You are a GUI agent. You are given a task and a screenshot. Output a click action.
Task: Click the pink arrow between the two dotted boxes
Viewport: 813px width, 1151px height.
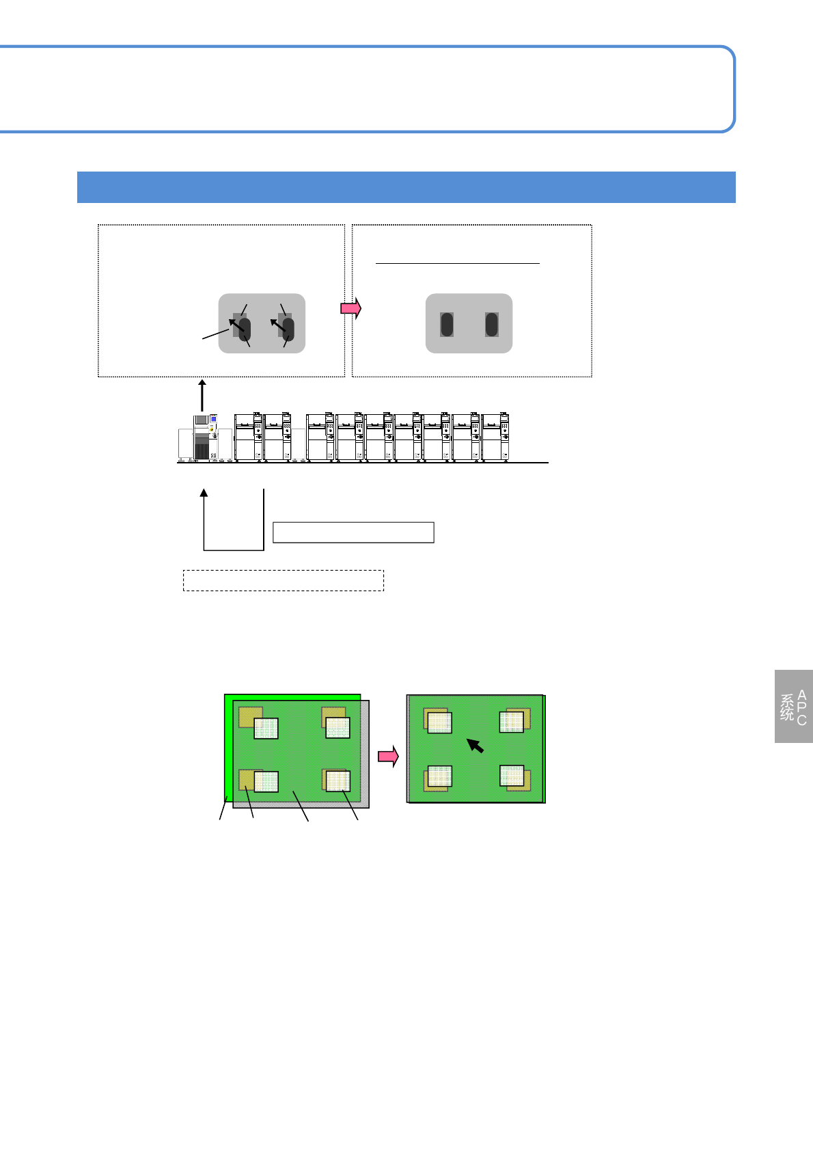(x=350, y=308)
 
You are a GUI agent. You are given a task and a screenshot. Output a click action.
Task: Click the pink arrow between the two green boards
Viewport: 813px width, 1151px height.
(x=388, y=757)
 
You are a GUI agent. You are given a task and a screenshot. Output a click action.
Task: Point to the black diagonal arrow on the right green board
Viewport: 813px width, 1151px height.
(x=476, y=745)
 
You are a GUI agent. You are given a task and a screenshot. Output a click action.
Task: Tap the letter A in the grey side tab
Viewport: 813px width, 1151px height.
(x=801, y=695)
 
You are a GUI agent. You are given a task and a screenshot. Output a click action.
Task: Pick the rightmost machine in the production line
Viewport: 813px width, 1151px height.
(x=496, y=437)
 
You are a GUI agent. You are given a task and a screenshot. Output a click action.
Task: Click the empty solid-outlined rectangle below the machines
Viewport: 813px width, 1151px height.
(x=353, y=532)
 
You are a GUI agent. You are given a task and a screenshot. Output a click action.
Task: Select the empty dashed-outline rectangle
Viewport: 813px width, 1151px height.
(x=284, y=580)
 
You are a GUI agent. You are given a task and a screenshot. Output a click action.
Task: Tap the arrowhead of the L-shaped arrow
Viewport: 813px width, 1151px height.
(x=204, y=493)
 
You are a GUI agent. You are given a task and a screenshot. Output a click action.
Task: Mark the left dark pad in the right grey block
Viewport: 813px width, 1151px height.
(x=447, y=325)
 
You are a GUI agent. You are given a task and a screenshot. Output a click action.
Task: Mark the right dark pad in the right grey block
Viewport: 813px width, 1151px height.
(x=491, y=325)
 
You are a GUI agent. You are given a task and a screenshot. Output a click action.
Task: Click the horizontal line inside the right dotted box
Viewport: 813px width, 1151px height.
(x=458, y=262)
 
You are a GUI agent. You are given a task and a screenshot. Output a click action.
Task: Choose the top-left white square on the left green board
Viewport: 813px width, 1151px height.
(x=266, y=729)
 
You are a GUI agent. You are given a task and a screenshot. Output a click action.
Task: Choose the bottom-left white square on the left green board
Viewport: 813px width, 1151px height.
(x=266, y=782)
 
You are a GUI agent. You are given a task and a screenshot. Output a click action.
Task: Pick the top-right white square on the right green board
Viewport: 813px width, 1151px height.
(x=511, y=722)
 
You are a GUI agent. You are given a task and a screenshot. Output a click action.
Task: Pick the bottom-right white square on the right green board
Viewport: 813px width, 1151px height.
(x=512, y=776)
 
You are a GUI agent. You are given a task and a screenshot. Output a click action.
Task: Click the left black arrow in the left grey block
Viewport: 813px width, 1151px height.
(x=236, y=325)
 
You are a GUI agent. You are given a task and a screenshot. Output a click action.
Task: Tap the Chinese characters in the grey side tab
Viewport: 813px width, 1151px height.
(x=787, y=707)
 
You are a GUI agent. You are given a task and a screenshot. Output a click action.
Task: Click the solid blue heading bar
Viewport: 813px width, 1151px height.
(x=406, y=187)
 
